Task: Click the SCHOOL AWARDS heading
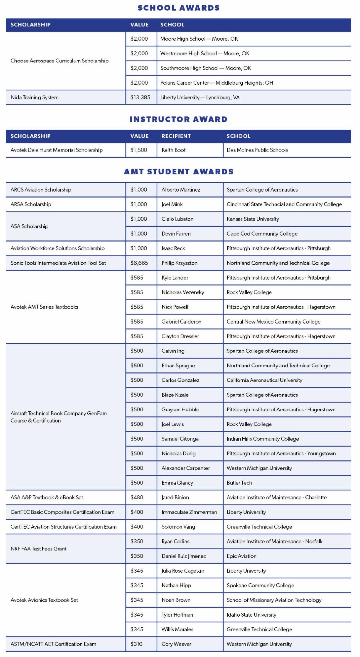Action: [x=179, y=8]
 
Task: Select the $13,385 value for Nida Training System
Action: [x=140, y=97]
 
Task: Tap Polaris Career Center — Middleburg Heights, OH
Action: [x=217, y=83]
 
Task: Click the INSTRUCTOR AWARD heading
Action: [x=179, y=119]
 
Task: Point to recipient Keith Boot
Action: [x=173, y=150]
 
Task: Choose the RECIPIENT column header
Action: [x=176, y=136]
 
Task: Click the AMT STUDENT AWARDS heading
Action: [x=179, y=172]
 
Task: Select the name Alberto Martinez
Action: [x=180, y=190]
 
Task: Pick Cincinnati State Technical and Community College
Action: [x=284, y=204]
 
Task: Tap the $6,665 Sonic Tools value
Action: [x=139, y=263]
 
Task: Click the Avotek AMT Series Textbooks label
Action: [x=44, y=307]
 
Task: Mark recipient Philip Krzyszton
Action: [x=179, y=263]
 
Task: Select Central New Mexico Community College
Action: [x=273, y=322]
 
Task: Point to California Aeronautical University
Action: [x=264, y=380]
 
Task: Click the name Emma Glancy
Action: [x=177, y=483]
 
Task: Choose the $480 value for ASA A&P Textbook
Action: [x=137, y=497]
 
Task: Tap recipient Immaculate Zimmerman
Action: [x=189, y=512]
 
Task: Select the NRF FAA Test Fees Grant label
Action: [x=38, y=548]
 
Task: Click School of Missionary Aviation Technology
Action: [x=274, y=600]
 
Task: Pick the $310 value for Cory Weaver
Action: [x=136, y=644]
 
